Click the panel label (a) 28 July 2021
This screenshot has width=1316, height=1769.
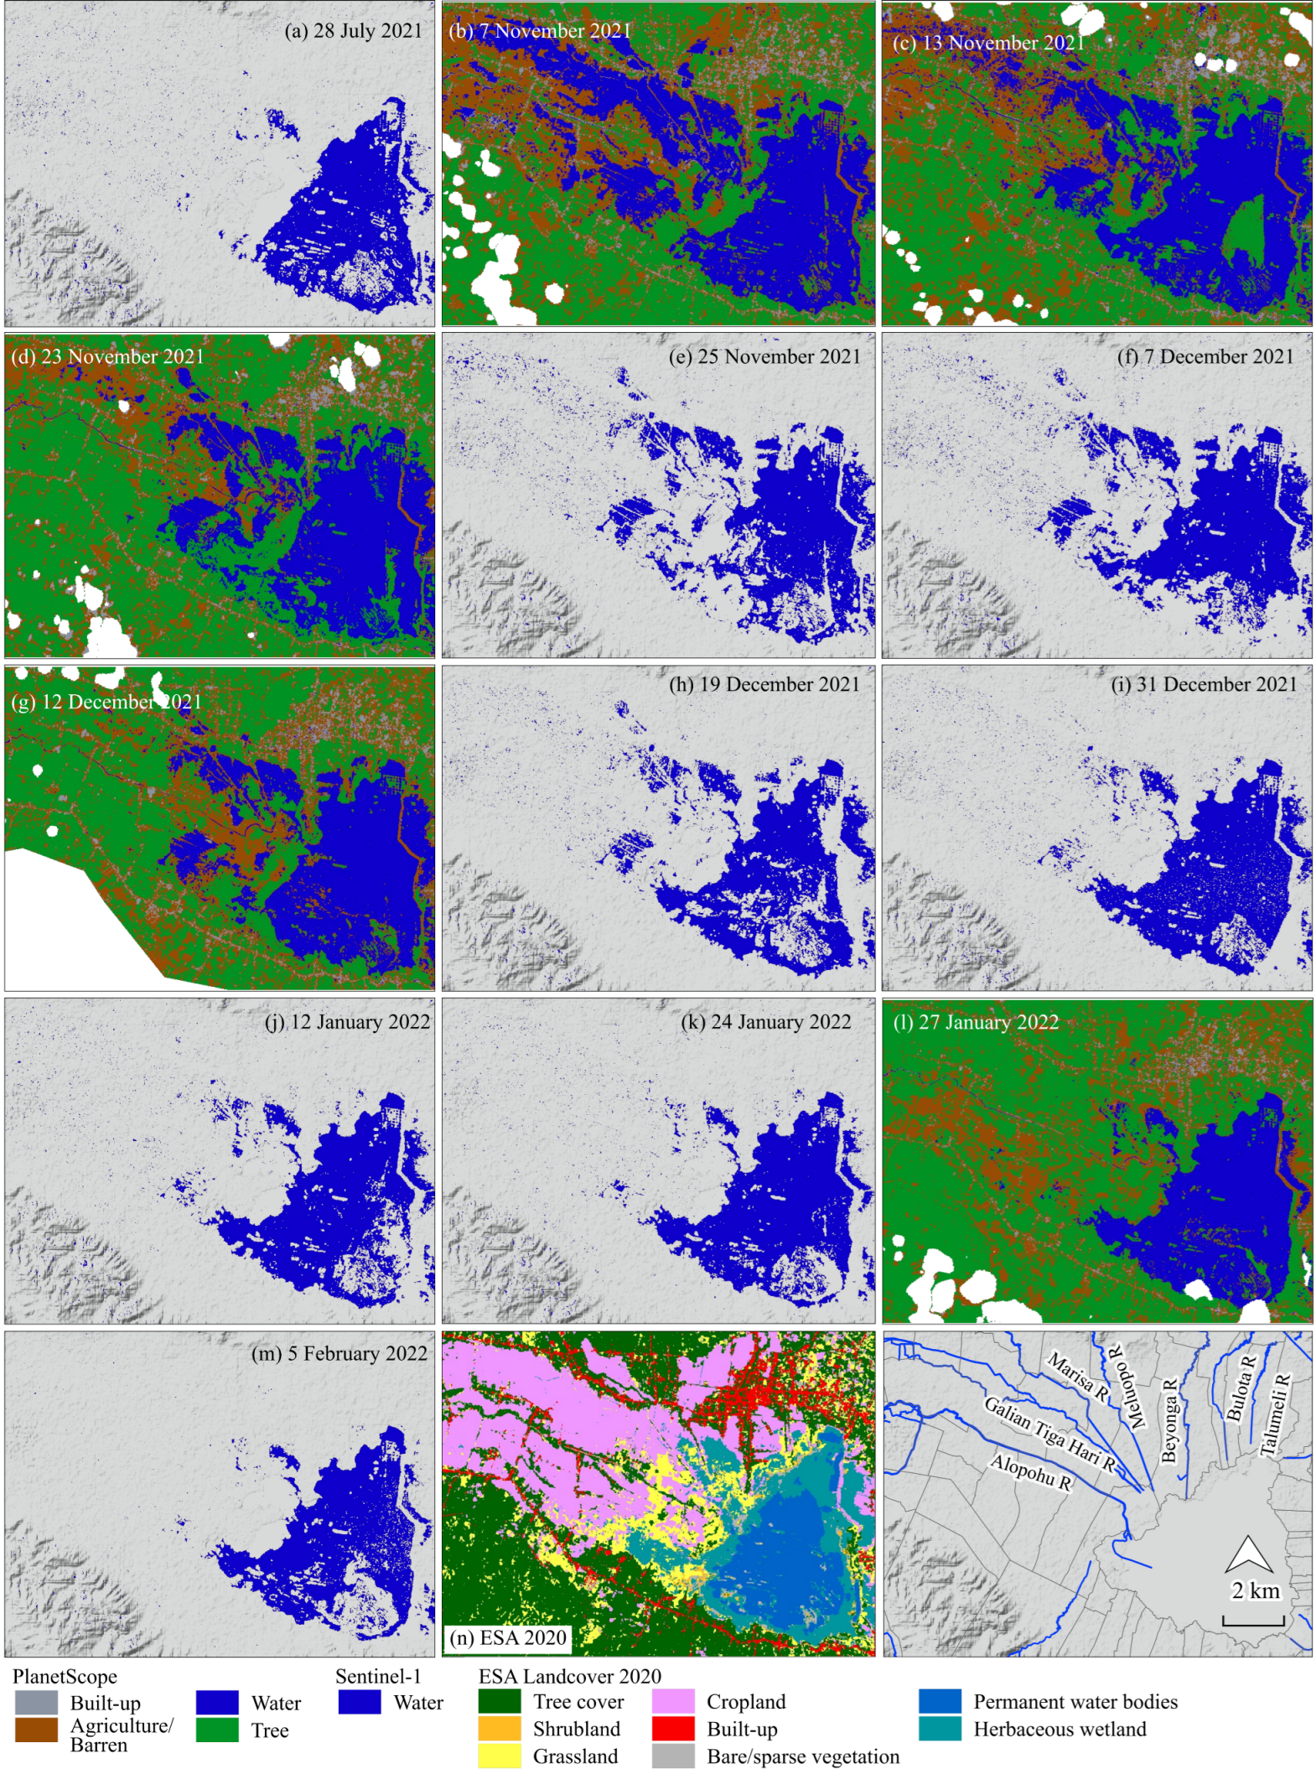click(353, 31)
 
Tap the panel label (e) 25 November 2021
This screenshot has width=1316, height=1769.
click(764, 356)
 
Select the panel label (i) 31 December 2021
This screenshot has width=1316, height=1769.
click(1204, 684)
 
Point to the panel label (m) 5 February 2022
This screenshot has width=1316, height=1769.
click(339, 1353)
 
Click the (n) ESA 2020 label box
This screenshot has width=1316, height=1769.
click(508, 1637)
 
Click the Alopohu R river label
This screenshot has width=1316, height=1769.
click(1030, 1472)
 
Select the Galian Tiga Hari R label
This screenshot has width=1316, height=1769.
click(1049, 1434)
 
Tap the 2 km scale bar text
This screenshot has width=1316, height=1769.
click(1255, 1590)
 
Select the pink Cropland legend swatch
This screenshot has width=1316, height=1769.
click(673, 1701)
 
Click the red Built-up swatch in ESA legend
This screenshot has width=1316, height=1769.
click(673, 1729)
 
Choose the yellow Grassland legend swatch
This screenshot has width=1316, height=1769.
click(500, 1756)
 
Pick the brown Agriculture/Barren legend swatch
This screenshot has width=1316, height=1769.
click(36, 1730)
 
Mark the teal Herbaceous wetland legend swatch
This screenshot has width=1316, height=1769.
click(940, 1729)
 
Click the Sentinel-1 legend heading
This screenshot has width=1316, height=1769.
click(378, 1676)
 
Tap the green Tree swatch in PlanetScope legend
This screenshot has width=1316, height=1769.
click(217, 1730)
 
